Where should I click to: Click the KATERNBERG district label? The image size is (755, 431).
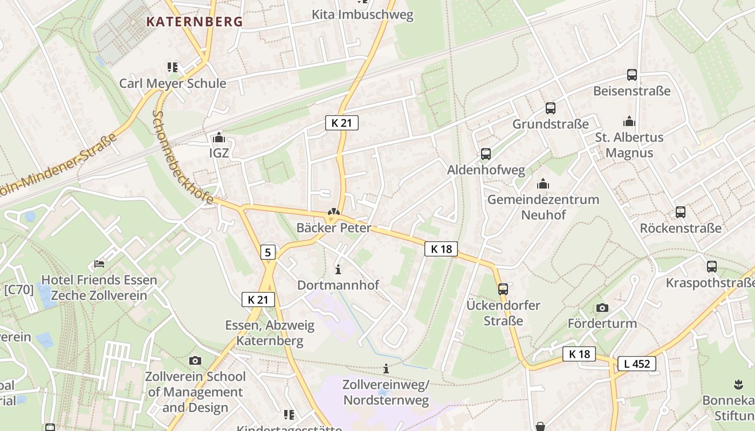pos(195,22)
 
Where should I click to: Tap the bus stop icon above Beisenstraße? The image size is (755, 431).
pos(632,75)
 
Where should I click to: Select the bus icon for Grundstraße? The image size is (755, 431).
pos(550,108)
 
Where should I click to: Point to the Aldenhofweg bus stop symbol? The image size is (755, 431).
pos(485,155)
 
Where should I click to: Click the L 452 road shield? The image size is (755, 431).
pos(636,364)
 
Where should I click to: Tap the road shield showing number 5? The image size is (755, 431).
pos(268,252)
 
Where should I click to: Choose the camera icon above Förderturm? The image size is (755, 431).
pos(602,308)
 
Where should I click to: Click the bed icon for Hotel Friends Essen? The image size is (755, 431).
pos(99,264)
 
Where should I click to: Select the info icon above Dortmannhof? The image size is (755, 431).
pos(338,269)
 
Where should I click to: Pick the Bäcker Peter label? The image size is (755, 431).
pos(334,228)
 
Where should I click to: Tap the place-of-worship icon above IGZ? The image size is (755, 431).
pos(218,137)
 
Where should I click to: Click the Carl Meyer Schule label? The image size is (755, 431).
pos(173,84)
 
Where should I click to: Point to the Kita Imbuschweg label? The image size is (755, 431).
pos(362,15)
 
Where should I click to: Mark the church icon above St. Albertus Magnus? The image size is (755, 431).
pos(629,121)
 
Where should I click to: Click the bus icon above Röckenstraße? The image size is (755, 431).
pos(680,212)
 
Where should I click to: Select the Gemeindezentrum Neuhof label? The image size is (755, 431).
pos(543,207)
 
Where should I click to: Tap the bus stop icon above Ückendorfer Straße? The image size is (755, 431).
pos(503,289)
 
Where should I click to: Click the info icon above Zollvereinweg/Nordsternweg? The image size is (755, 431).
pos(386,369)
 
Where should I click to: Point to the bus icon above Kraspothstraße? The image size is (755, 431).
pos(711,266)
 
